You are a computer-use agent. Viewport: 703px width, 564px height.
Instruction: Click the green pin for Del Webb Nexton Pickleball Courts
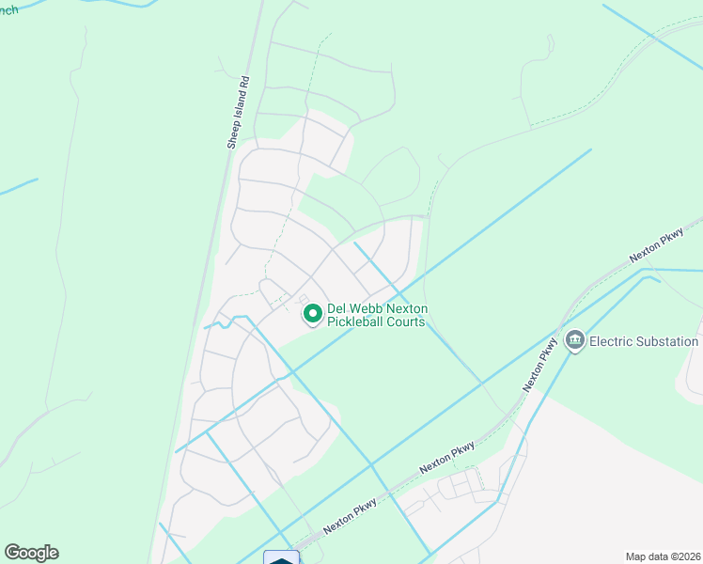[x=312, y=312]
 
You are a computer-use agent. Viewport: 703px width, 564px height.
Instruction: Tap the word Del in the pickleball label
[x=337, y=308]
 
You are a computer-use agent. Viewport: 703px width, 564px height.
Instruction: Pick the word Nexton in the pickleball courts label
[x=409, y=308]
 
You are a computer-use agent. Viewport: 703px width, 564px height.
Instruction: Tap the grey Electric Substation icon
[x=574, y=340]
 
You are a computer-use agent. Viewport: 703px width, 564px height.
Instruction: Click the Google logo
[x=32, y=553]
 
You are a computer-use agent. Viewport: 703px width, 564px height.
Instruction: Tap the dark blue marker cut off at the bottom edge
[x=281, y=557]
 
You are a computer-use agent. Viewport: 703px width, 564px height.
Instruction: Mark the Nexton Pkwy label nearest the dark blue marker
[x=351, y=516]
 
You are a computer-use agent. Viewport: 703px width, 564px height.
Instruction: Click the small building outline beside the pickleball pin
[x=303, y=299]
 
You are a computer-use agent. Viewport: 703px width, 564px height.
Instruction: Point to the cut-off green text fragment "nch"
[x=8, y=9]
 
